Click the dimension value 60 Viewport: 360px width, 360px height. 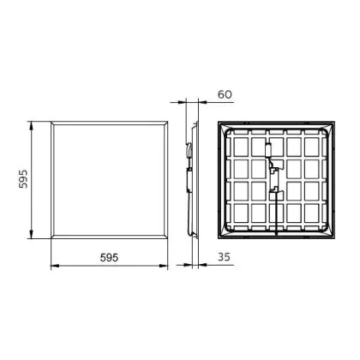click(225, 94)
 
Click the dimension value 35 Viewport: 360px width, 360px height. click(224, 257)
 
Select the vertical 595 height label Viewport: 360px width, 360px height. click(23, 179)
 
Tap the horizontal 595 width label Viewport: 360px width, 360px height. click(109, 258)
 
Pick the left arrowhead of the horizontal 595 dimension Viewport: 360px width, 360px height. click(55, 266)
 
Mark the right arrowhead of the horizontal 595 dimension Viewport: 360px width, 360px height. click(164, 266)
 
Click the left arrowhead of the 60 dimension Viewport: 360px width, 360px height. click(182, 102)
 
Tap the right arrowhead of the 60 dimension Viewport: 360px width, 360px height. click(202, 102)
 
